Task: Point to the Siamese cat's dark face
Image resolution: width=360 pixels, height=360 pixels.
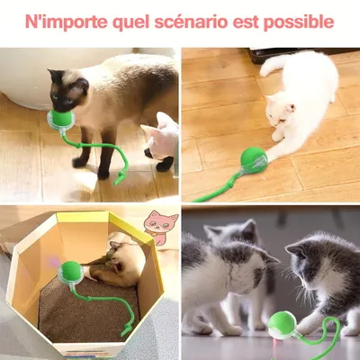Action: click(x=67, y=91)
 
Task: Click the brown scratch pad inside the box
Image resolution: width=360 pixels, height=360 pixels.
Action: click(x=90, y=310)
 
